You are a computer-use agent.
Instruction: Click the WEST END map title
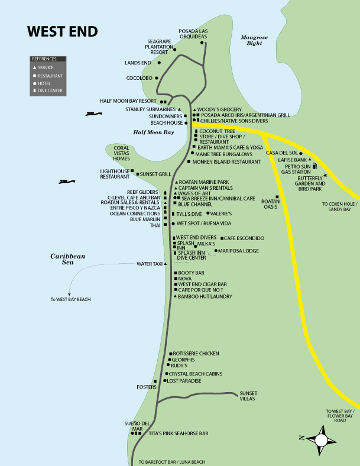[x=62, y=31]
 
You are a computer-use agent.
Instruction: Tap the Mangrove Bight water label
[x=254, y=40]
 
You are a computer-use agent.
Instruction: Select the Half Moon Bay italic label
[x=153, y=132]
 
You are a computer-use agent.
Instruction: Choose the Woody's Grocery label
[x=219, y=109]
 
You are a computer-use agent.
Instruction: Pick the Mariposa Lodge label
[x=239, y=251]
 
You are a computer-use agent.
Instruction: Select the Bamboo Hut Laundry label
[x=205, y=296]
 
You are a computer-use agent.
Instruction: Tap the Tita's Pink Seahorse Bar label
[x=178, y=433]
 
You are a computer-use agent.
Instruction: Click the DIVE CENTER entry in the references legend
[x=50, y=91]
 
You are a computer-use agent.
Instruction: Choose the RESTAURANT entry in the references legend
[x=50, y=76]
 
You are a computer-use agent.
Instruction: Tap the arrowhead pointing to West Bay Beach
[x=69, y=294]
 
